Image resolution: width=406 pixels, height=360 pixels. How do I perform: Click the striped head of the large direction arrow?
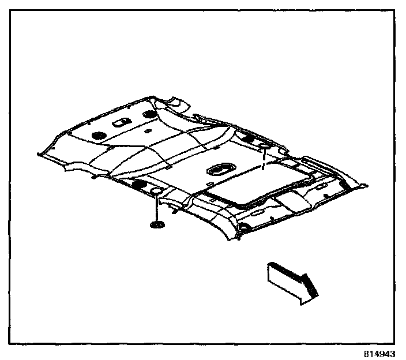point(308,286)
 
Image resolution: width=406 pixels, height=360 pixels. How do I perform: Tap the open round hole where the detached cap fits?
point(156,190)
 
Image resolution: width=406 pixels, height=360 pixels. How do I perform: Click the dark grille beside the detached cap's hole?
point(138,184)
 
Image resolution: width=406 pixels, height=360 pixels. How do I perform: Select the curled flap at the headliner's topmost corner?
point(176,104)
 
